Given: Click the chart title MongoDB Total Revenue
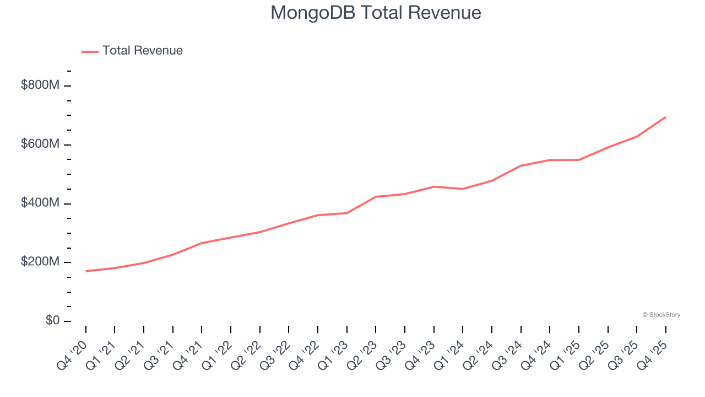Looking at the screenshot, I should (376, 13).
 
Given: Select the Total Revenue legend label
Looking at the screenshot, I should (142, 51).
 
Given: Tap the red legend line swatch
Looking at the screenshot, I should (90, 51).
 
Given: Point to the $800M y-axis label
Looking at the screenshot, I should (40, 85).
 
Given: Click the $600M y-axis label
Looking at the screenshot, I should (40, 144).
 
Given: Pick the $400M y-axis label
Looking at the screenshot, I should (40, 203).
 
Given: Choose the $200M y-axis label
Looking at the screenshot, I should (40, 262).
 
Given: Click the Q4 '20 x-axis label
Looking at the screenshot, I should (72, 354).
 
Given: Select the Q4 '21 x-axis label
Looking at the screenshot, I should (188, 354).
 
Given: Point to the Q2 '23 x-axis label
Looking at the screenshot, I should (362, 354).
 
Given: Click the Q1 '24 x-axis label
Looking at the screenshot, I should (449, 354).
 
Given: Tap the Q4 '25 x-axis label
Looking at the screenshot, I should (652, 354).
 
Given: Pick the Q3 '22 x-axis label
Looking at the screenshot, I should (275, 354).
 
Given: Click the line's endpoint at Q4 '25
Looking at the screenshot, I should (665, 117).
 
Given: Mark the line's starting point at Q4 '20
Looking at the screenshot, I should (86, 271).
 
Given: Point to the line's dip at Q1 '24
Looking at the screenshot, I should (463, 189).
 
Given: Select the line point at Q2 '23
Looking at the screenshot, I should (376, 197).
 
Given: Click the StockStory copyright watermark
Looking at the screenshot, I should (661, 315).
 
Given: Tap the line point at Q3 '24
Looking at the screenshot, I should (520, 165).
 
